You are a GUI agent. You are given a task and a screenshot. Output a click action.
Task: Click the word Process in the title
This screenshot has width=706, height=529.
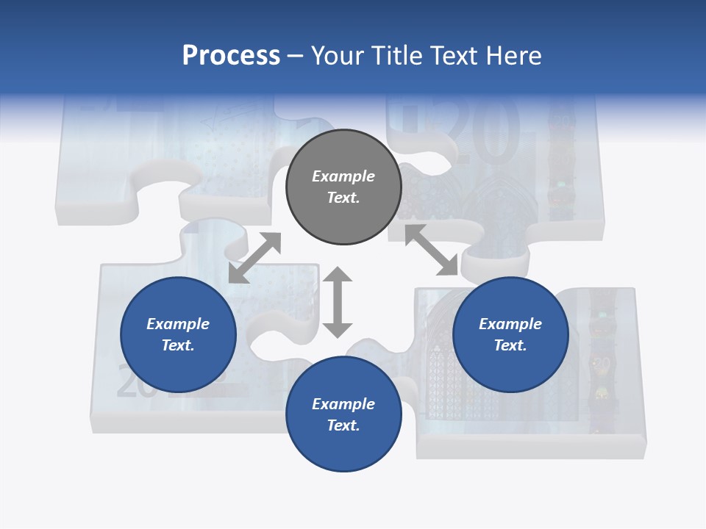[x=231, y=56]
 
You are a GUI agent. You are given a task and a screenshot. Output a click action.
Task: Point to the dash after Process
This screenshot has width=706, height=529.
[x=295, y=57]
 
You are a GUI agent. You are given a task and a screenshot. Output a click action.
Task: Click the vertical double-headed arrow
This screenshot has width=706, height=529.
[x=338, y=302]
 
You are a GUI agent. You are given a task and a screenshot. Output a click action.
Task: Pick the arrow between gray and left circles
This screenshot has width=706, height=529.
[x=254, y=258]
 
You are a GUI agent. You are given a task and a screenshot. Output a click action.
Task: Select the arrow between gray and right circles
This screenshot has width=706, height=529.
[x=431, y=250]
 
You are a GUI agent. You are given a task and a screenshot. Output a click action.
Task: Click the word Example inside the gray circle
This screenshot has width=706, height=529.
[x=343, y=176]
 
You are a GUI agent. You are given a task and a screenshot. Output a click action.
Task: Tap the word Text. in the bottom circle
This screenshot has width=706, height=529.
[x=343, y=425]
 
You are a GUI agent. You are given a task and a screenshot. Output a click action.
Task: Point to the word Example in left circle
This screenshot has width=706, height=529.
[x=178, y=324]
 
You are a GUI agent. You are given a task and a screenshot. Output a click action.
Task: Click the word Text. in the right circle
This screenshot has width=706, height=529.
[x=510, y=345]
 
